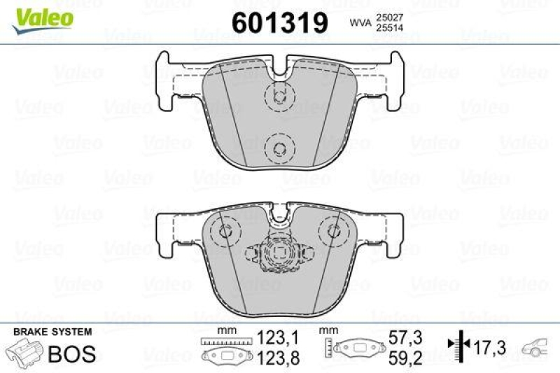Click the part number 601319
(280, 23)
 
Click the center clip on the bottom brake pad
(279, 255)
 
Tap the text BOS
(71, 353)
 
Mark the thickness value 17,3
(490, 346)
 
